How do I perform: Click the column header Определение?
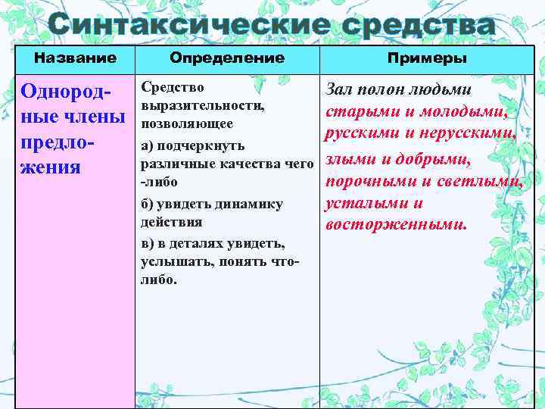[227, 58]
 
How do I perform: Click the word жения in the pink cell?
[51, 166]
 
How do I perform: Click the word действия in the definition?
[172, 222]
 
